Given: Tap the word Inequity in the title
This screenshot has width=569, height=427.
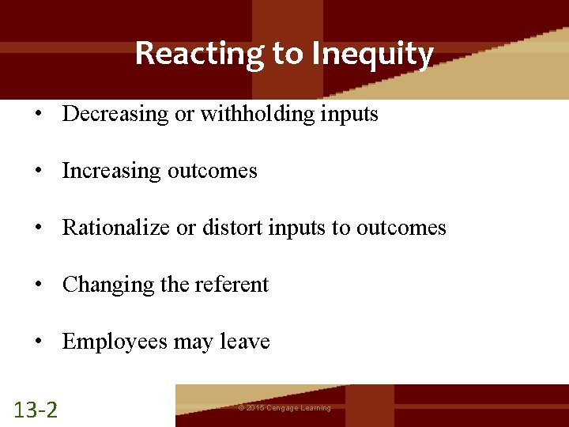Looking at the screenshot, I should pos(372,54).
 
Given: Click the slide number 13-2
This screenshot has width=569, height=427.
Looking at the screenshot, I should pos(36,409).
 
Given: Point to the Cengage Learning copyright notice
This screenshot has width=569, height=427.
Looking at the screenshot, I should pos(284,408).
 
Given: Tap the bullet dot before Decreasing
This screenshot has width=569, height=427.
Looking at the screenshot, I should pos(38,114).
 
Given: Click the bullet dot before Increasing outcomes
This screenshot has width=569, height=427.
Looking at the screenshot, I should pos(38,171).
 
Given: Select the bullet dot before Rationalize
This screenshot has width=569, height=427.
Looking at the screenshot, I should pos(38,228).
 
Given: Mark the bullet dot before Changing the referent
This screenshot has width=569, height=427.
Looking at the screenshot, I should pos(38,285).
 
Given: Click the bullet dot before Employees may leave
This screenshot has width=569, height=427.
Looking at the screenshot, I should pos(38,342).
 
